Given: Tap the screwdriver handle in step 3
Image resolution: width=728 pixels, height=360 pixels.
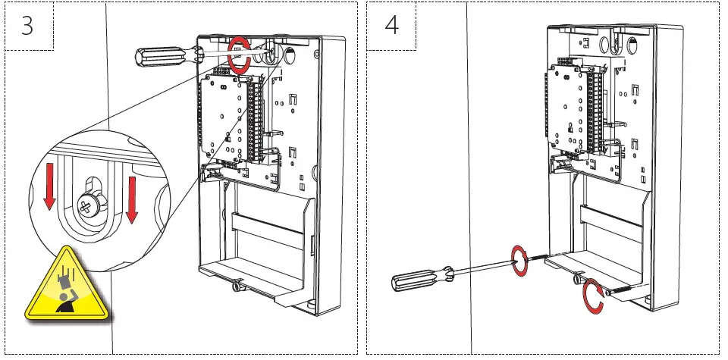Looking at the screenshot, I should (158, 56).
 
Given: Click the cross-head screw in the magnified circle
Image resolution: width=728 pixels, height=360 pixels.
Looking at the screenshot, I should (89, 204).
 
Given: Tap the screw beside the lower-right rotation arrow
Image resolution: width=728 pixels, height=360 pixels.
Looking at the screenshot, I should (618, 291).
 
